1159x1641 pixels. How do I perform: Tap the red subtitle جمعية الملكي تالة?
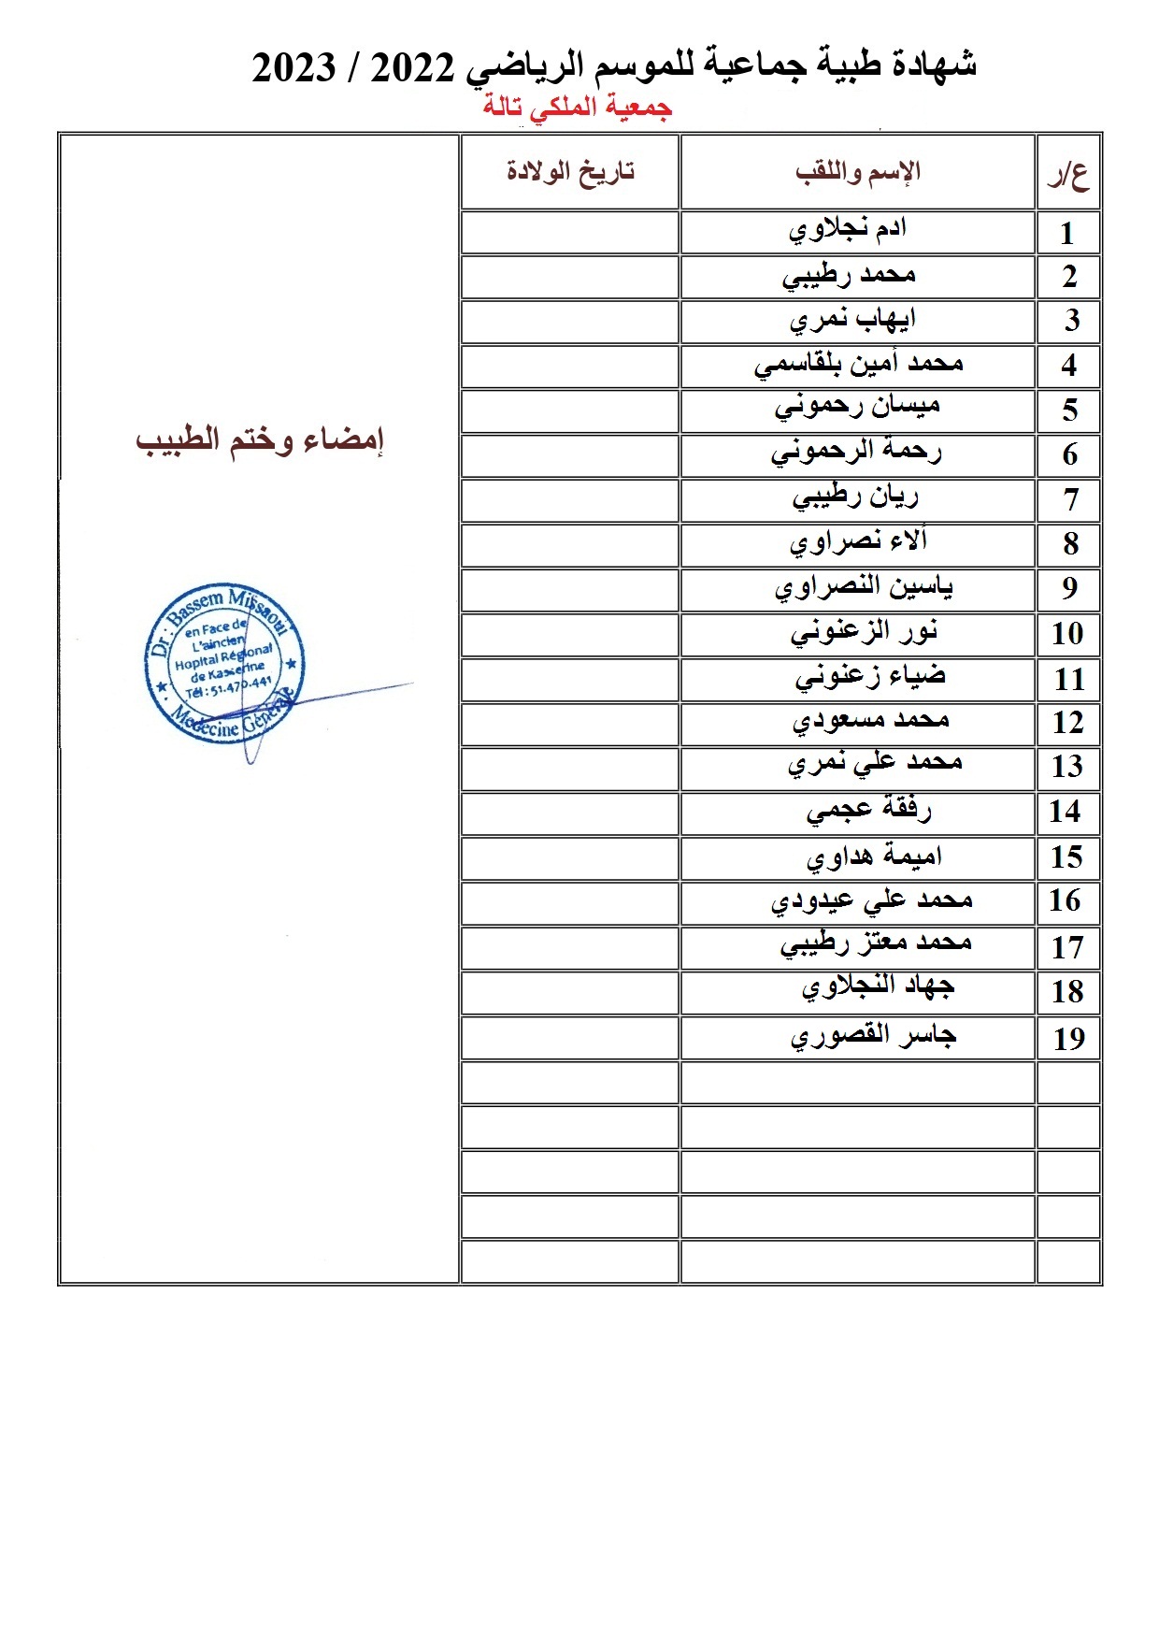coord(578,107)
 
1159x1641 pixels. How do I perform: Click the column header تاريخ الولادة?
coord(570,172)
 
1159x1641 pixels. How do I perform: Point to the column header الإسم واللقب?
coord(858,172)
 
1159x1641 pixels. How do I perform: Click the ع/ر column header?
coord(1068,174)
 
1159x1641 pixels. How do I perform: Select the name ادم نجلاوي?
coord(848,230)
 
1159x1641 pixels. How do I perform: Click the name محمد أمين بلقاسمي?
coord(858,365)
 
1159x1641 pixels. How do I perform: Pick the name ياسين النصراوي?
coord(864,588)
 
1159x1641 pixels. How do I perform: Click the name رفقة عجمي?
coord(869,811)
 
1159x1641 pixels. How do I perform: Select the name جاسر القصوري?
coord(873,1037)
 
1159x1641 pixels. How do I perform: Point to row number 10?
coord(1067,634)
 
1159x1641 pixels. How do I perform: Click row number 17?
coord(1067,948)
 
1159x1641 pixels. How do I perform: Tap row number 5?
coord(1070,410)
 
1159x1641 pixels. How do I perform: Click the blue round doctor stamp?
coord(225,664)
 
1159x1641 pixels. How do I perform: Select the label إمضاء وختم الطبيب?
coord(260,440)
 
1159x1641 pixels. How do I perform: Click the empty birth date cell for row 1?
coord(569,233)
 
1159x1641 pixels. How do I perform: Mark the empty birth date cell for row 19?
coord(569,1038)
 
